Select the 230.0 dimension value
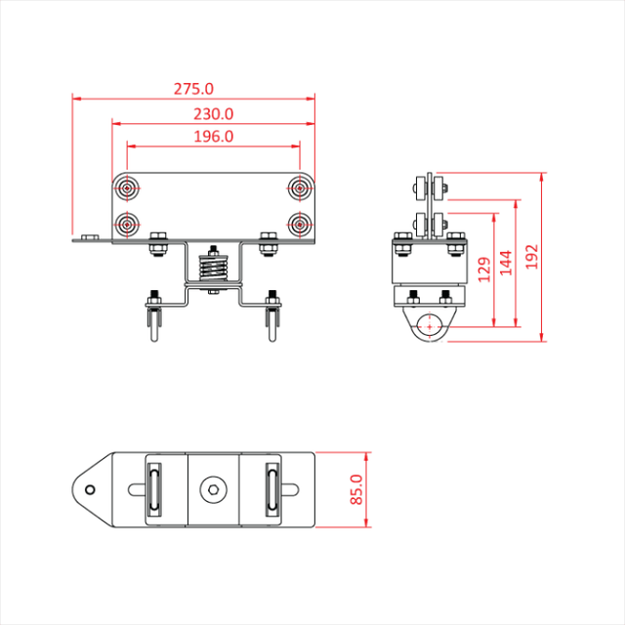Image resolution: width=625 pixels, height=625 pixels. click(x=213, y=113)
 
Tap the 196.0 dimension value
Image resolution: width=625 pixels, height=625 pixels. click(x=213, y=137)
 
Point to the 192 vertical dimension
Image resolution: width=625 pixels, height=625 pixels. click(x=532, y=256)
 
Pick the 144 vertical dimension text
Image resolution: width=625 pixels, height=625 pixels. click(x=506, y=263)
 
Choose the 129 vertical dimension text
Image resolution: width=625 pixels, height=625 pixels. click(x=482, y=270)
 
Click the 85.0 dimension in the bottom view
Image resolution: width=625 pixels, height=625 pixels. click(x=355, y=488)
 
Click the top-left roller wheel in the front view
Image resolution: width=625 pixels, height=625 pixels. click(x=128, y=188)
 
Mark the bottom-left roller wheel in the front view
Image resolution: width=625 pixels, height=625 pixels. click(x=128, y=225)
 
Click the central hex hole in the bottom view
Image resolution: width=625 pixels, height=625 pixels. click(x=213, y=488)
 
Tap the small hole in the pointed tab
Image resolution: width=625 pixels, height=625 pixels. click(x=90, y=488)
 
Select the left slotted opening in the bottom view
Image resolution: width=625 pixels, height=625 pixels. click(x=154, y=488)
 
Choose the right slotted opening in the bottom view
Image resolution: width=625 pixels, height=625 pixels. click(x=271, y=488)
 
